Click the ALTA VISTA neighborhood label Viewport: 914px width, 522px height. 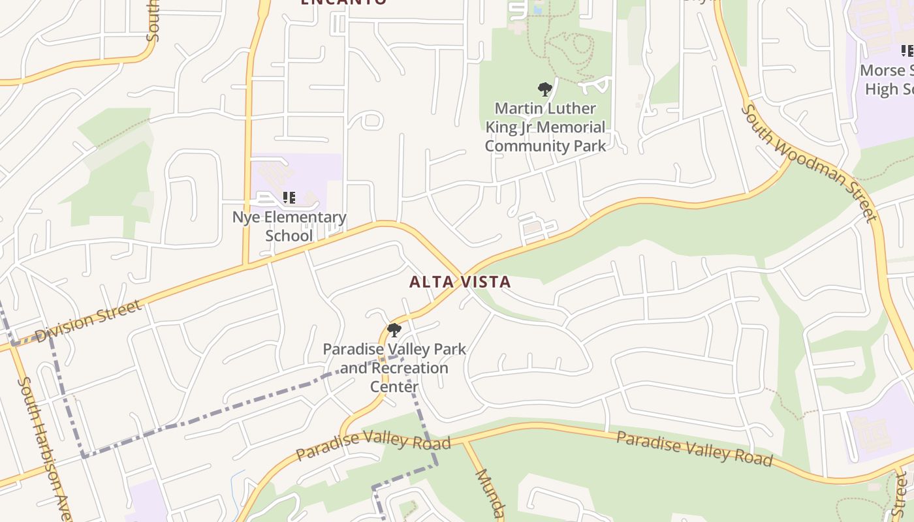[460, 282]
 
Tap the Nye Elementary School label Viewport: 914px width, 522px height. [289, 226]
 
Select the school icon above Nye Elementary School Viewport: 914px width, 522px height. [289, 197]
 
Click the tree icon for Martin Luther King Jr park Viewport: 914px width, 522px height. [544, 89]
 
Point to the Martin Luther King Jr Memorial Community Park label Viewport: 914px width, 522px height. [545, 127]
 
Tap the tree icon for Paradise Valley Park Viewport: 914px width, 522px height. [394, 330]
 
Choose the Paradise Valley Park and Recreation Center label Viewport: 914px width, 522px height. [394, 367]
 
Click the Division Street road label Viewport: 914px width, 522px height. [88, 321]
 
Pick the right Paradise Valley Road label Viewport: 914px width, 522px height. [694, 448]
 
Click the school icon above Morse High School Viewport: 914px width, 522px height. [906, 50]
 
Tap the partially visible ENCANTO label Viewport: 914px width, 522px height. [343, 3]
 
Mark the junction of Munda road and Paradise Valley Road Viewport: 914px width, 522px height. [465, 442]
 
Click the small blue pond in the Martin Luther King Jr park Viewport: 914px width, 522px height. [538, 10]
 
